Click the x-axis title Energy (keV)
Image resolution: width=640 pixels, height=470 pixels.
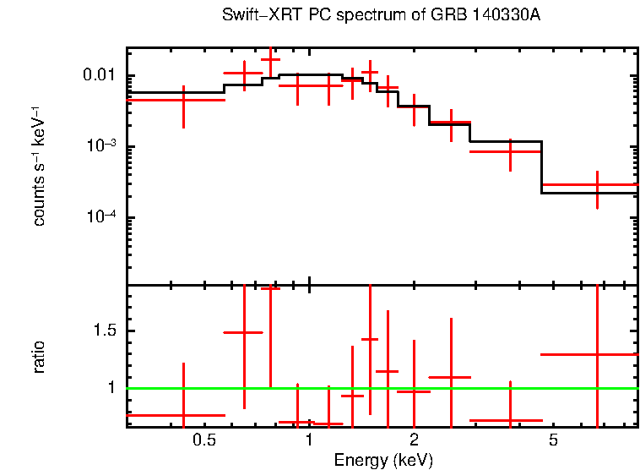point(383,460)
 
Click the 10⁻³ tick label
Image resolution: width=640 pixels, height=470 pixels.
point(101,145)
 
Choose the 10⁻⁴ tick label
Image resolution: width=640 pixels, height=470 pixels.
point(101,217)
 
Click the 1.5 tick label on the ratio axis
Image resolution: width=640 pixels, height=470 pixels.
point(105,331)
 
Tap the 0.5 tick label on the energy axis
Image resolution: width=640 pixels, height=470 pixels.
point(203,440)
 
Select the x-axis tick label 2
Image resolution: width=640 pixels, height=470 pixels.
point(414,440)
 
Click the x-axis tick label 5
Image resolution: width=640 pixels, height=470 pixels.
point(553,440)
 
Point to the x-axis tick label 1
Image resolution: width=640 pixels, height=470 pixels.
point(309,440)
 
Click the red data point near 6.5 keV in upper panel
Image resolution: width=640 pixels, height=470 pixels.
point(597,184)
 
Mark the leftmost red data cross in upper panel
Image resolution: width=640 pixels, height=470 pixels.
point(183,100)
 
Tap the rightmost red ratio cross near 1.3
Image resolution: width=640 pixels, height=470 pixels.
point(597,354)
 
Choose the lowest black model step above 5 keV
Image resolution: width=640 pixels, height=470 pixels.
point(588,194)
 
